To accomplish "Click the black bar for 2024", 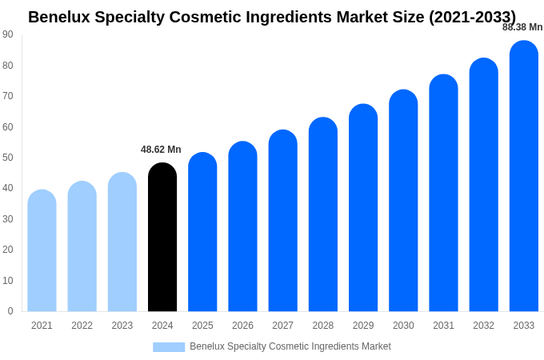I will click(162, 238).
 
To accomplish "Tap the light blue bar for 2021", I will click(42, 251).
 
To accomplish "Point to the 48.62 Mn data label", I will click(161, 150).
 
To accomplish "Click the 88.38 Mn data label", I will click(522, 27).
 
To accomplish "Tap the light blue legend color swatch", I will click(169, 347).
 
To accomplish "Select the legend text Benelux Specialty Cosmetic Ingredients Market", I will click(290, 346).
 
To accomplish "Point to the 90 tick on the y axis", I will click(8, 34).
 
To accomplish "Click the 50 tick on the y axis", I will click(8, 158).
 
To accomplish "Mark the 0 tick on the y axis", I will click(10, 311).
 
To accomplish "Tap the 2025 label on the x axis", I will click(202, 326).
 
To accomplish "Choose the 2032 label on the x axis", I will click(483, 326).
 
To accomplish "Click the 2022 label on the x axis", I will click(82, 326).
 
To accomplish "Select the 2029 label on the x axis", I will click(363, 326).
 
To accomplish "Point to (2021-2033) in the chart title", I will click(472, 17).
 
